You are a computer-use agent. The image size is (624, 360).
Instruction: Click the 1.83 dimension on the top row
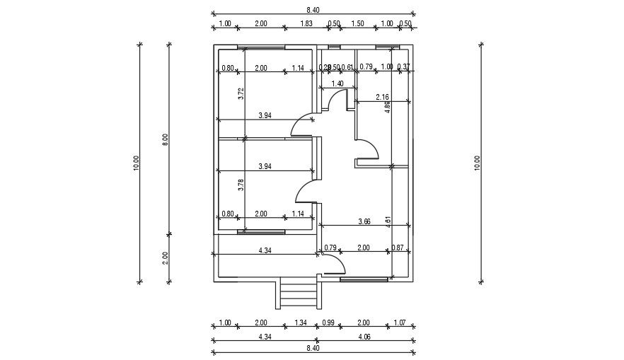[306, 24]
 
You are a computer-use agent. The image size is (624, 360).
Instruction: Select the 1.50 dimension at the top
[357, 24]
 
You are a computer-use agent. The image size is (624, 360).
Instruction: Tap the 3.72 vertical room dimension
[241, 93]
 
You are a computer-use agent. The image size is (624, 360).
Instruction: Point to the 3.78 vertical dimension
[241, 185]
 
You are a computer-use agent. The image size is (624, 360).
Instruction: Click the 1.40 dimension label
[337, 83]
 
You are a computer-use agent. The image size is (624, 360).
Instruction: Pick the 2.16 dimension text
[382, 97]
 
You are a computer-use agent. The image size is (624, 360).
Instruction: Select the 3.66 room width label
[364, 221]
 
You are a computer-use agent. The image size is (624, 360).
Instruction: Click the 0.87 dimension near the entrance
[398, 248]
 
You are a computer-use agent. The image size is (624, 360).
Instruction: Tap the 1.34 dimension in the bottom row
[300, 323]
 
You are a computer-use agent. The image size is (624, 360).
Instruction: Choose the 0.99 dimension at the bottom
[330, 323]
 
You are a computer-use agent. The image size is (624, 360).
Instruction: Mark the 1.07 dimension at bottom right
[401, 323]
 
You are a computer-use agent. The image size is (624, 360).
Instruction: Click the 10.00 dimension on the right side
[478, 163]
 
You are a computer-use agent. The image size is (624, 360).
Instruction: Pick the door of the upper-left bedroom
[303, 126]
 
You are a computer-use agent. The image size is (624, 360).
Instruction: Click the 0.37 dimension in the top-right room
[403, 67]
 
